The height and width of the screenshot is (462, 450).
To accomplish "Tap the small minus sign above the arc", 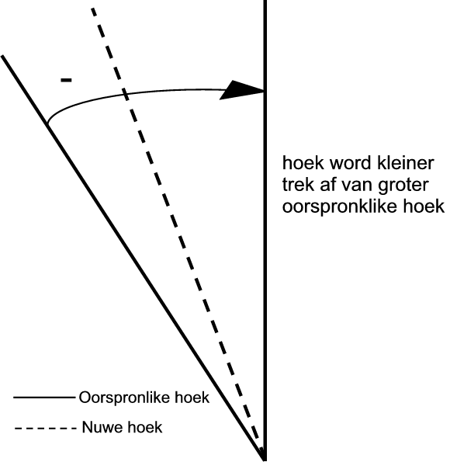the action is [66, 80].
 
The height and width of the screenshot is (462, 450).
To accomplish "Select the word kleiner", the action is [406, 163].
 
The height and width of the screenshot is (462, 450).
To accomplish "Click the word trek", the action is [299, 185].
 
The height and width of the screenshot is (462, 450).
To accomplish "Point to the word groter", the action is [403, 186].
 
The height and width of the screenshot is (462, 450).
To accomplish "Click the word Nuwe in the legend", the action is [99, 427].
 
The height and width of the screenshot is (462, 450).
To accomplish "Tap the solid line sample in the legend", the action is [44, 398].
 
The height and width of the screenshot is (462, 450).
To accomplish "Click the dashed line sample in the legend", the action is [45, 428].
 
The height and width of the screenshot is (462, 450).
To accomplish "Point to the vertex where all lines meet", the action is [265, 459].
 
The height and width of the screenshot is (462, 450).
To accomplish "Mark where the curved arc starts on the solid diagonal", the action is [47, 123].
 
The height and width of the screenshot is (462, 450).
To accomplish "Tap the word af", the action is [327, 185].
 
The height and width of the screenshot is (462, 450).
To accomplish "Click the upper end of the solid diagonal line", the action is [2, 55].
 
